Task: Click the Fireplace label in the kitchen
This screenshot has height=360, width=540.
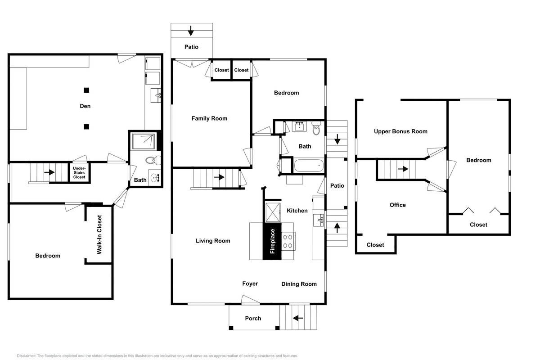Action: tap(272, 241)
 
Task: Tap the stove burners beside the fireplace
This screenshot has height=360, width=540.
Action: tap(288, 241)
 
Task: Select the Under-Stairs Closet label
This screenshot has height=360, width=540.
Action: tap(79, 173)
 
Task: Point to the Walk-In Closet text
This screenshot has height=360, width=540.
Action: tap(99, 234)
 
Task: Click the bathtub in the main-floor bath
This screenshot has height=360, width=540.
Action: tap(309, 166)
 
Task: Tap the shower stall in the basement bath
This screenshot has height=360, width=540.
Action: tap(144, 142)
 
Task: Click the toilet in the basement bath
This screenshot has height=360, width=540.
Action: tap(153, 160)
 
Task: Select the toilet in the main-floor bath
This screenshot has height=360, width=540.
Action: tap(316, 128)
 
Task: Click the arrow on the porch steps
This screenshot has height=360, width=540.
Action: tap(298, 318)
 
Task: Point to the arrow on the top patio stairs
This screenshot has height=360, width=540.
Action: tap(191, 31)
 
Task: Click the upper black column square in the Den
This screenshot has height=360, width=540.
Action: tap(86, 90)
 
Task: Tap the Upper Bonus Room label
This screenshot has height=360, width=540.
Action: tap(400, 131)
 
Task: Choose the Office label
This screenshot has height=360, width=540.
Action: tap(398, 205)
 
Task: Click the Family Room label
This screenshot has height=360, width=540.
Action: tap(209, 118)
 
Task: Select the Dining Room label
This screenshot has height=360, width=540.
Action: tap(299, 284)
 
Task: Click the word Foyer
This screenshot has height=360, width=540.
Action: tap(250, 283)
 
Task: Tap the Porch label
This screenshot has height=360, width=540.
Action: tap(253, 318)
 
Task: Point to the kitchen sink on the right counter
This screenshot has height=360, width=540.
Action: tap(319, 220)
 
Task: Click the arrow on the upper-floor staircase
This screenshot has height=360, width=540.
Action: tap(403, 169)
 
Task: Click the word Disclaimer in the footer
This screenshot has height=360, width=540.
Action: tap(26, 356)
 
